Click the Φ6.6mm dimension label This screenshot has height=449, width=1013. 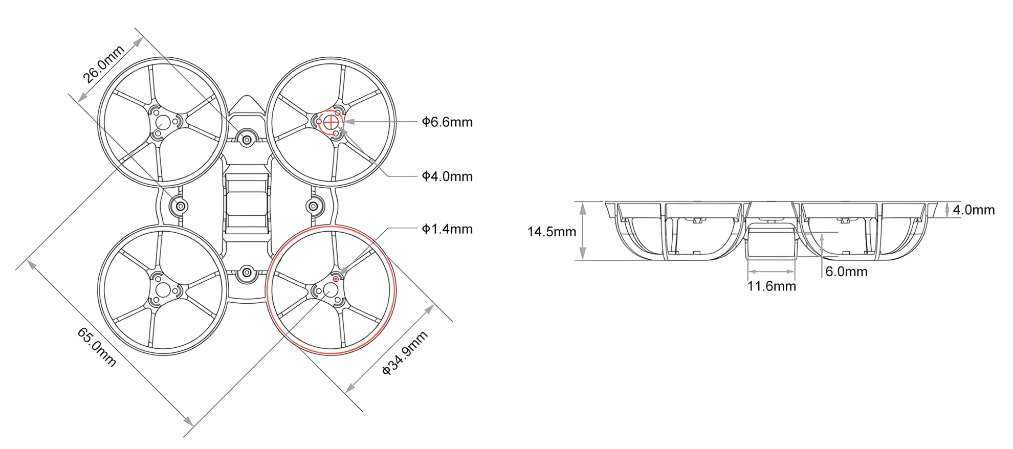click(447, 122)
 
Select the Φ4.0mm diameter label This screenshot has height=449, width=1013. click(447, 176)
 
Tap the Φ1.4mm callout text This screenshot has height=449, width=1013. click(447, 229)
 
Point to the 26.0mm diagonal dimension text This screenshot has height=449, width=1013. click(104, 64)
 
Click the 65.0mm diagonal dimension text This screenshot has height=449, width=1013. click(97, 347)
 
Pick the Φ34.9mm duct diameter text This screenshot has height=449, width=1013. click(405, 353)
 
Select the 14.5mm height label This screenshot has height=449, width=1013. click(552, 232)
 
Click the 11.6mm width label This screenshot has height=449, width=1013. click(772, 286)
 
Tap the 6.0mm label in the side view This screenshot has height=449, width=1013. click(846, 272)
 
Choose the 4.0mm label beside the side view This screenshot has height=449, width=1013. click(973, 210)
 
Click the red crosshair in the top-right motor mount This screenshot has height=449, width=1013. click(331, 122)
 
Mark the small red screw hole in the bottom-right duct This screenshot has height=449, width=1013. click(336, 279)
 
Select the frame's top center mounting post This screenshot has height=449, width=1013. click(247, 140)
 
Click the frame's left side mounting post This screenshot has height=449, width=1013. click(181, 207)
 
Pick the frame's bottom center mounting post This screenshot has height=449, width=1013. click(247, 273)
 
